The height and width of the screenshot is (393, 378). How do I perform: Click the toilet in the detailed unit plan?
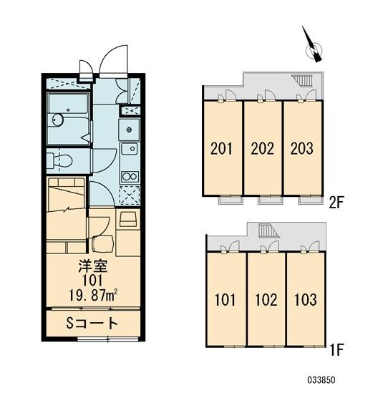59,160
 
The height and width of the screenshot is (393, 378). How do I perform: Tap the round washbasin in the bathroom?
58,120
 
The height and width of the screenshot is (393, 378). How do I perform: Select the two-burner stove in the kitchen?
130,177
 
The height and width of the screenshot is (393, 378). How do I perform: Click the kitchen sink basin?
130,150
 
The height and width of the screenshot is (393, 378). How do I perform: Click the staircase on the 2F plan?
303,80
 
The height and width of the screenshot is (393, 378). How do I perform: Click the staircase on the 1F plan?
268,231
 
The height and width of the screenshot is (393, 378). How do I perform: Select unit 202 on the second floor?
263,148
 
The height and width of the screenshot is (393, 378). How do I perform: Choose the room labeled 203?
302,148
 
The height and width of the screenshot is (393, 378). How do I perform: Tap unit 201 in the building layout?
222,148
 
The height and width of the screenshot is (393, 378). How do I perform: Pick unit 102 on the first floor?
266,299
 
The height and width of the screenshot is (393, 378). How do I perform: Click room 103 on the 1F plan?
306,299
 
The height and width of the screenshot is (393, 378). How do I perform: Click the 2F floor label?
336,203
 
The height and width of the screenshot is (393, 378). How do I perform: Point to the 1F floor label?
336,350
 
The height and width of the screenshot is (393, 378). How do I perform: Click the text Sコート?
92,323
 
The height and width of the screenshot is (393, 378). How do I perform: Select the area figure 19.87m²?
93,296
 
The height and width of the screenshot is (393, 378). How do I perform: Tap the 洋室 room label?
93,267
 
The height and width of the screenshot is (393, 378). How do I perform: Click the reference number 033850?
321,380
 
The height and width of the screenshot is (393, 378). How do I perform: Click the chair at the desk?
103,243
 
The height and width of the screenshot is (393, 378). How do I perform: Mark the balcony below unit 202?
271,200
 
